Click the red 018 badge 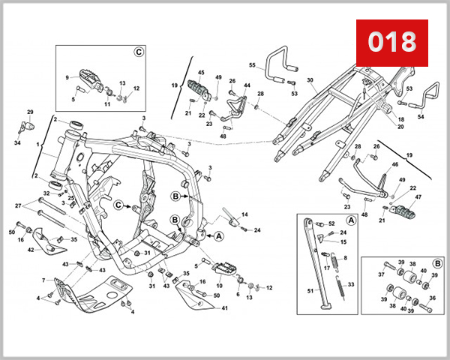(392, 43)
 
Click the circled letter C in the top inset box (139, 52)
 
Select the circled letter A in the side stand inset (351, 220)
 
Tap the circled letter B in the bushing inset (438, 263)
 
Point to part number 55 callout (252, 65)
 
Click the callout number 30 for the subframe (310, 80)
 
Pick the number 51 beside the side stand (310, 291)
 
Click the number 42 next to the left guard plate (31, 250)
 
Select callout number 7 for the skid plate (43, 280)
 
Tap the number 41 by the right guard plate (225, 308)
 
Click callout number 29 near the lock (30, 112)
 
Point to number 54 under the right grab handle (421, 117)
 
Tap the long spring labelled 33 (340, 286)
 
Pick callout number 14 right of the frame (244, 214)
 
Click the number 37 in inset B (381, 274)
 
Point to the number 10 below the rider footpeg (219, 286)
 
